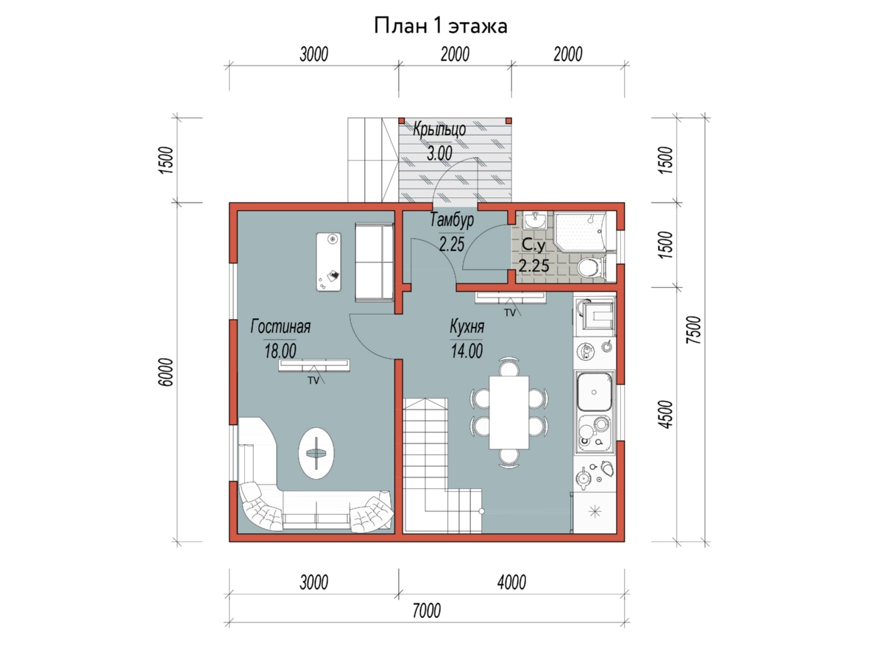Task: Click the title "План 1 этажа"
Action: (441, 27)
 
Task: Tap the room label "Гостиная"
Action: (280, 326)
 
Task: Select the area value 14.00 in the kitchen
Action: (467, 351)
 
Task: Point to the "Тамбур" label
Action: (452, 220)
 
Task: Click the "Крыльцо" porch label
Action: (439, 130)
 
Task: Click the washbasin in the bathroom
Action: (535, 220)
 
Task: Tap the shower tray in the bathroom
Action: (581, 232)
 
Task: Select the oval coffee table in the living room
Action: (316, 453)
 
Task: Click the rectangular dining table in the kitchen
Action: (509, 413)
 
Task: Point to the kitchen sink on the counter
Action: (594, 392)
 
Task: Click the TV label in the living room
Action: (313, 380)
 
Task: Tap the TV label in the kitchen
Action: (510, 313)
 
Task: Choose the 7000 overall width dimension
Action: (426, 611)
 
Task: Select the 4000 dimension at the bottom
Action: (511, 582)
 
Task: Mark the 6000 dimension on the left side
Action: (166, 372)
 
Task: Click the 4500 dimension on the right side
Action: (667, 415)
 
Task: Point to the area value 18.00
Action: (280, 351)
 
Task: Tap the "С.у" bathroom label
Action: (533, 245)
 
